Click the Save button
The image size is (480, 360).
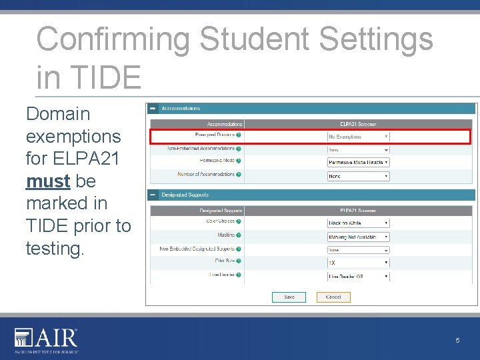(289, 297)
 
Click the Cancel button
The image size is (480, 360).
(333, 297)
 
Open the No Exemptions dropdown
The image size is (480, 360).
(357, 137)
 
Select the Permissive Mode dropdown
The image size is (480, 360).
(357, 162)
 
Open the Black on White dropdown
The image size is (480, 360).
(357, 223)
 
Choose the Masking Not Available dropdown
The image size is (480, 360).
(357, 237)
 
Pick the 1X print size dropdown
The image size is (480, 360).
(357, 263)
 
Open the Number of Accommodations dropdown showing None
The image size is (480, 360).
(357, 176)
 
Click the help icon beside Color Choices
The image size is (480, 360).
(239, 221)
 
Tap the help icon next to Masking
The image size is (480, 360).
(239, 235)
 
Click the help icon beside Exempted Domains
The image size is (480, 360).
(239, 135)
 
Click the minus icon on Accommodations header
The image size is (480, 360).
(153, 108)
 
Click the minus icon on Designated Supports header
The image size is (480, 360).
(153, 195)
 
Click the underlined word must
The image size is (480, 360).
(48, 181)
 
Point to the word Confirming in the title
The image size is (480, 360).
(113, 39)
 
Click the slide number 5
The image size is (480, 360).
(457, 341)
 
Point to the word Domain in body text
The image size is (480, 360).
(58, 114)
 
